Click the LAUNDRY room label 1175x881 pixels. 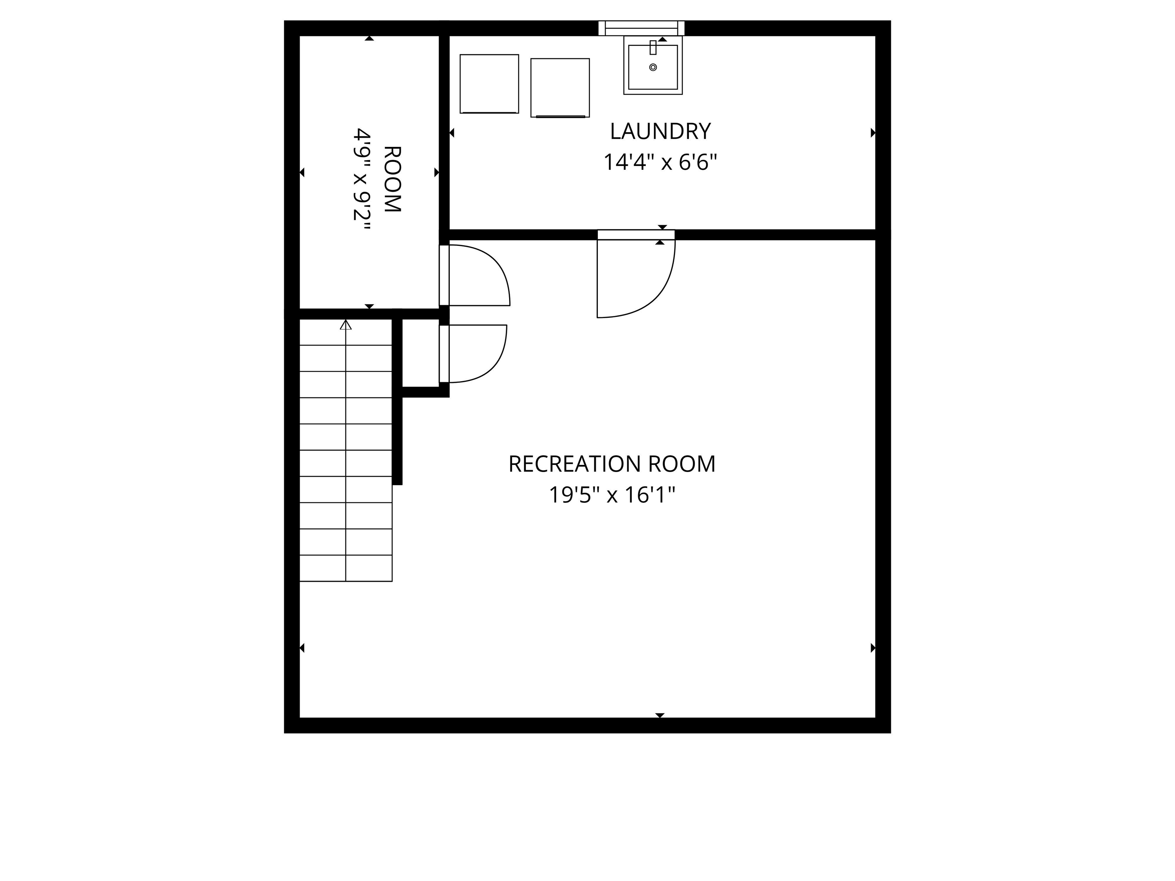click(x=660, y=131)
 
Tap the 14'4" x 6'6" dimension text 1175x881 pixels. click(x=660, y=162)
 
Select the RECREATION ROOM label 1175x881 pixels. click(x=612, y=463)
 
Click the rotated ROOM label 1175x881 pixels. click(x=392, y=179)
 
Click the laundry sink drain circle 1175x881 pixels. click(x=653, y=67)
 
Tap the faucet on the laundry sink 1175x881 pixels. click(x=653, y=47)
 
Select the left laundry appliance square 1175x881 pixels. click(x=489, y=83)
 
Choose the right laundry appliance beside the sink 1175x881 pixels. click(x=560, y=88)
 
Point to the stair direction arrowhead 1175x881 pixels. click(x=346, y=325)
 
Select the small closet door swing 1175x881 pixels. click(x=475, y=354)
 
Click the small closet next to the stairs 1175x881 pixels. click(x=420, y=353)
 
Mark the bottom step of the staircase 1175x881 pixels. click(x=346, y=568)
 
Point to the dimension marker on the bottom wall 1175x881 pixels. click(x=660, y=715)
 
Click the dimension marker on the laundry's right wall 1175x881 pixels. click(x=873, y=133)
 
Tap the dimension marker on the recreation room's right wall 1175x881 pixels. click(x=873, y=648)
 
